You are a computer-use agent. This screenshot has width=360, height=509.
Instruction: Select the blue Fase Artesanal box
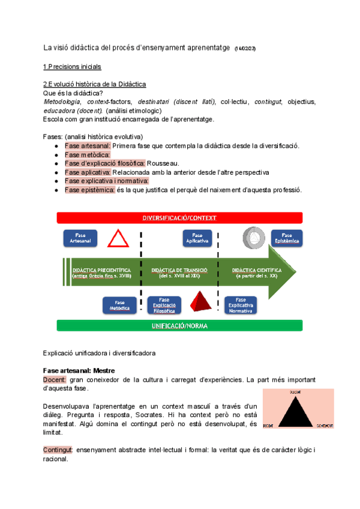click(x=80, y=238)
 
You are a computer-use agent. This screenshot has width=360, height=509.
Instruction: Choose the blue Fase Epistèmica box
click(x=286, y=238)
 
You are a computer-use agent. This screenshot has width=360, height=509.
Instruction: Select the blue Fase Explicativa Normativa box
click(x=240, y=306)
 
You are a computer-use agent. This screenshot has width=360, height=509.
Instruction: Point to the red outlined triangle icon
click(x=118, y=238)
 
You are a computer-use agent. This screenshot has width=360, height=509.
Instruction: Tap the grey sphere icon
click(x=252, y=238)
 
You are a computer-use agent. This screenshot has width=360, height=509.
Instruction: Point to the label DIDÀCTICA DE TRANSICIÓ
click(x=179, y=270)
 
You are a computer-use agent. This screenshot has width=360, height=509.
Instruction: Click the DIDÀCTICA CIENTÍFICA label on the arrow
click(x=256, y=270)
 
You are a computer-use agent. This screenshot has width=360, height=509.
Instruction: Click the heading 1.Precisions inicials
click(x=72, y=66)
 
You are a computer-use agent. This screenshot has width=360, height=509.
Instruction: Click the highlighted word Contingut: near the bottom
click(x=59, y=450)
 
